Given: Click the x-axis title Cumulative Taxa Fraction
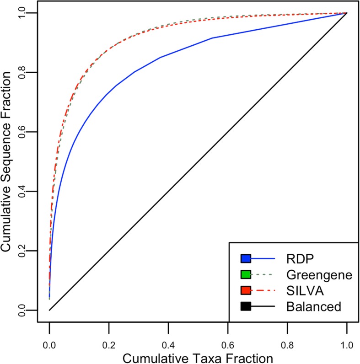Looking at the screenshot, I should coord(198,356).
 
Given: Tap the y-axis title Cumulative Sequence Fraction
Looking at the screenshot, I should coord(8,162).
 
